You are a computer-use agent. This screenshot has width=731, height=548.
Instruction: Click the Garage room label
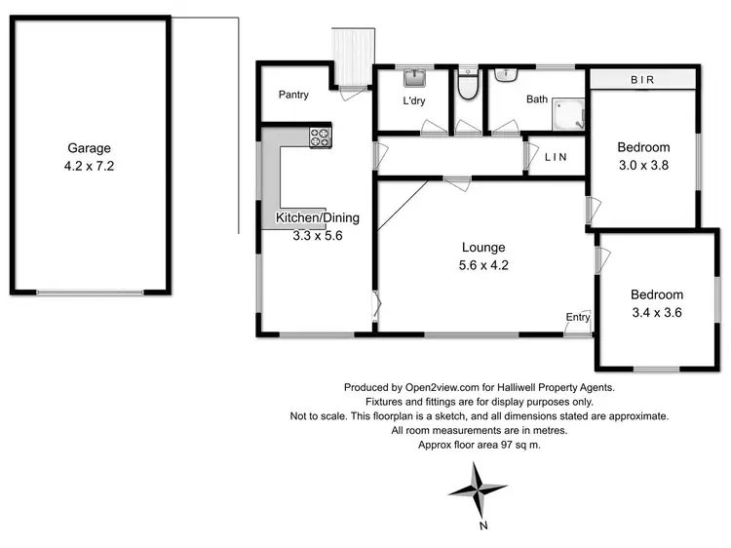pos(89,149)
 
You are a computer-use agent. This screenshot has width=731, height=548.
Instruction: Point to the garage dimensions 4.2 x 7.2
pos(89,166)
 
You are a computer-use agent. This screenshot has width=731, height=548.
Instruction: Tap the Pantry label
pos(293,95)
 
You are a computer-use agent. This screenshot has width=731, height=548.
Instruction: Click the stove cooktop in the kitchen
pos(321,138)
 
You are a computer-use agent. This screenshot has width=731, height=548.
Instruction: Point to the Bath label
pos(537,99)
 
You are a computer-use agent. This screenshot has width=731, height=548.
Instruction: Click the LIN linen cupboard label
pos(556,157)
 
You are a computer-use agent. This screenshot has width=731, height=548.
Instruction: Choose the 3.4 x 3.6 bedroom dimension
pos(656,312)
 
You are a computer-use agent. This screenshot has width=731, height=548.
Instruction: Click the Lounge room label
pos(484,248)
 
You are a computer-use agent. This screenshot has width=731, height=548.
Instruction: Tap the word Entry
pos(578,317)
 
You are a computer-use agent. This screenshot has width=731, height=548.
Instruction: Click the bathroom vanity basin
pos(506,74)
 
